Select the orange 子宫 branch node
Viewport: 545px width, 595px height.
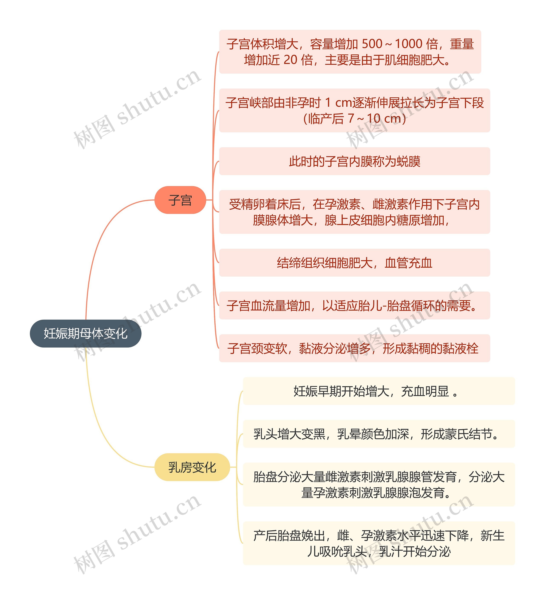click(x=180, y=200)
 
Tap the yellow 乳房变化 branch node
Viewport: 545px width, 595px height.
click(x=192, y=467)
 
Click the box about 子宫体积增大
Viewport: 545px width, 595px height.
click(x=350, y=52)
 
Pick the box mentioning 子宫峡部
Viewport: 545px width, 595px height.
click(x=354, y=110)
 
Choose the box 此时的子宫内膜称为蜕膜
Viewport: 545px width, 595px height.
click(x=354, y=161)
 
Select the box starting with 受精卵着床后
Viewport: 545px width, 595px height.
click(x=354, y=212)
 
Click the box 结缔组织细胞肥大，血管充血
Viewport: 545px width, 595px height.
click(x=354, y=263)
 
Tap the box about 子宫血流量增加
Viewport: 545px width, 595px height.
click(x=354, y=305)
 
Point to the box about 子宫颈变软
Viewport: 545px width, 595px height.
click(x=354, y=348)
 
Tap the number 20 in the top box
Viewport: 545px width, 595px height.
click(x=290, y=60)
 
